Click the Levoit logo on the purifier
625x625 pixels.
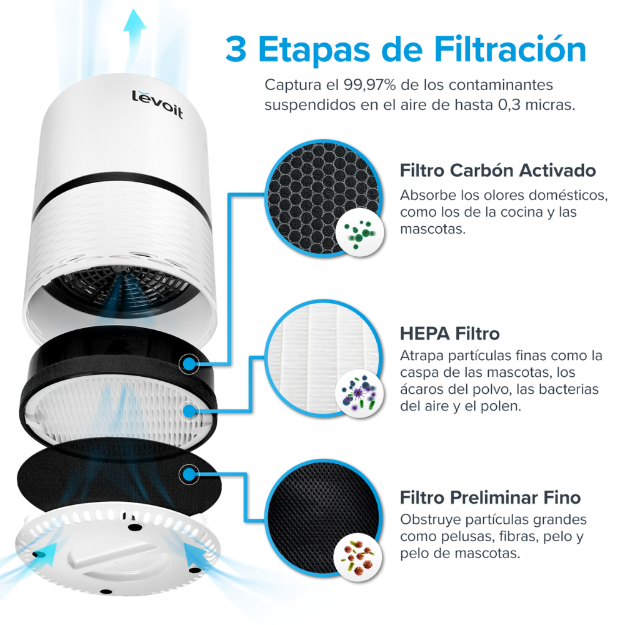[157, 104]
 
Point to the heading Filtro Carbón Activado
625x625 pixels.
[497, 171]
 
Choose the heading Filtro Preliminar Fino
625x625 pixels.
[490, 497]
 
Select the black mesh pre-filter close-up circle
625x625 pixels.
[322, 528]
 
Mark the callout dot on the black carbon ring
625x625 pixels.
[188, 363]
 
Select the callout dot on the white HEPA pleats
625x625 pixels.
[188, 411]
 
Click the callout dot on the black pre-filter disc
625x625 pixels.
[188, 474]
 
